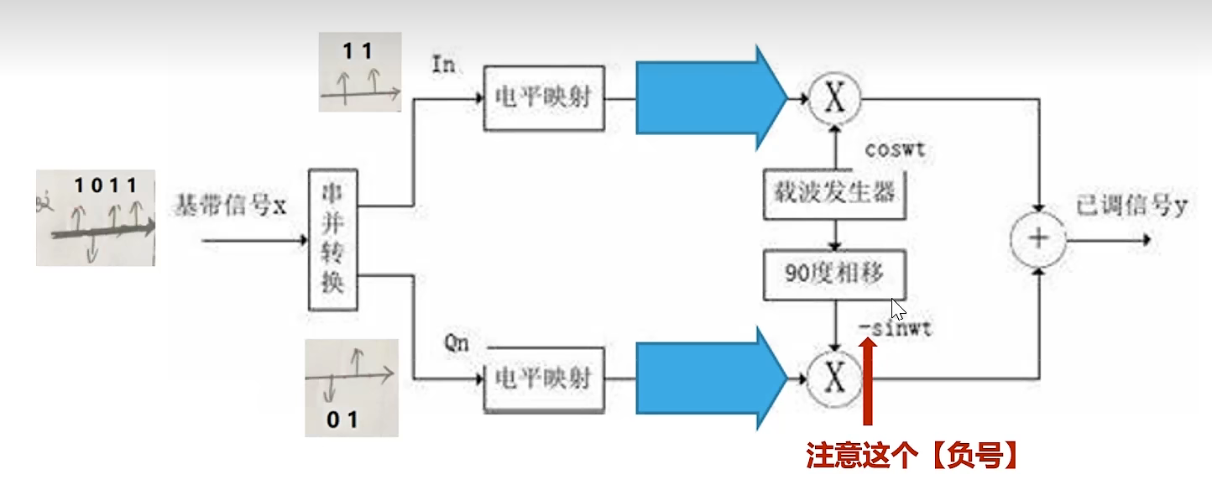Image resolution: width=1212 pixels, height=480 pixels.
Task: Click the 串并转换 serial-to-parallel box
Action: click(333, 239)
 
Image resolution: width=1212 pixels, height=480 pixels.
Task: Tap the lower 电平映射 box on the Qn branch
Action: click(543, 379)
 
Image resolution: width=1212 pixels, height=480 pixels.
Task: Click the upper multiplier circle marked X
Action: click(834, 99)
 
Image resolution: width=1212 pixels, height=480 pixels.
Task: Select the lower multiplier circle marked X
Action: click(834, 379)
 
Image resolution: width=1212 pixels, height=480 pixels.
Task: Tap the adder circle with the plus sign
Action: click(1039, 238)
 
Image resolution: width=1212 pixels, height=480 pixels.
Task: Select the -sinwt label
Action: click(895, 328)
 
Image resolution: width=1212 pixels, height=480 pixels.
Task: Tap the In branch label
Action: click(442, 65)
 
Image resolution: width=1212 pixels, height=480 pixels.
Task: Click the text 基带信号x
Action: click(232, 205)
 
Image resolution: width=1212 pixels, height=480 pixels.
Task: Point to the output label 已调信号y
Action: click(1131, 206)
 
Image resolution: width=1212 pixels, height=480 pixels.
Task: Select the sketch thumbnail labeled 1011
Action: click(96, 217)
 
